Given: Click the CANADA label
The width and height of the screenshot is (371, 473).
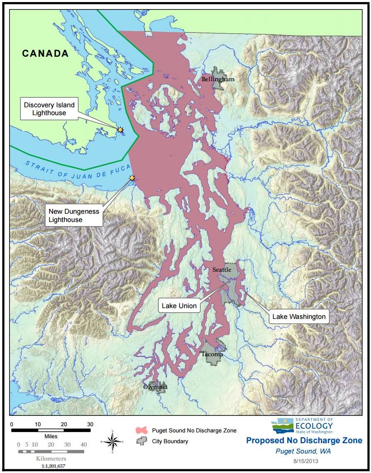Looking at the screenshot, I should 45,53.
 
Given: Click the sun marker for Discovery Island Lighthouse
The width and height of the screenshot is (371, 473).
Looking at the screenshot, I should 120,130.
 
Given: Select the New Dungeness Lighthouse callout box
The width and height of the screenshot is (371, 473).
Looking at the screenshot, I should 74,215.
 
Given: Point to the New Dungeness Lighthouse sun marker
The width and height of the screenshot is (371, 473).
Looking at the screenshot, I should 132,178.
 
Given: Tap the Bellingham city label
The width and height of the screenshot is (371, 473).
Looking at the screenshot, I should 218,79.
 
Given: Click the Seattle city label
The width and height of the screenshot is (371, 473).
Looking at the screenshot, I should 222,270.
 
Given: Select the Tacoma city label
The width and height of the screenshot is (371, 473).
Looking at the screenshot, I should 212,354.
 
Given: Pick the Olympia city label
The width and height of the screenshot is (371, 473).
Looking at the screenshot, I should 155,387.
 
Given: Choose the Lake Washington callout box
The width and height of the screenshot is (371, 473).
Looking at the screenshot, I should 298,317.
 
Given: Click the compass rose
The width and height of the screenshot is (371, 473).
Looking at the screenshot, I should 112,442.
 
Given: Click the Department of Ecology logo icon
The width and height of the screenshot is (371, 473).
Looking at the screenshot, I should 282,426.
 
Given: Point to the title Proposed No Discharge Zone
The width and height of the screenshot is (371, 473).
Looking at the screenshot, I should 304,440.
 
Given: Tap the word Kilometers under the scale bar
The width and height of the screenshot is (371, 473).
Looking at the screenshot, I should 51,459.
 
